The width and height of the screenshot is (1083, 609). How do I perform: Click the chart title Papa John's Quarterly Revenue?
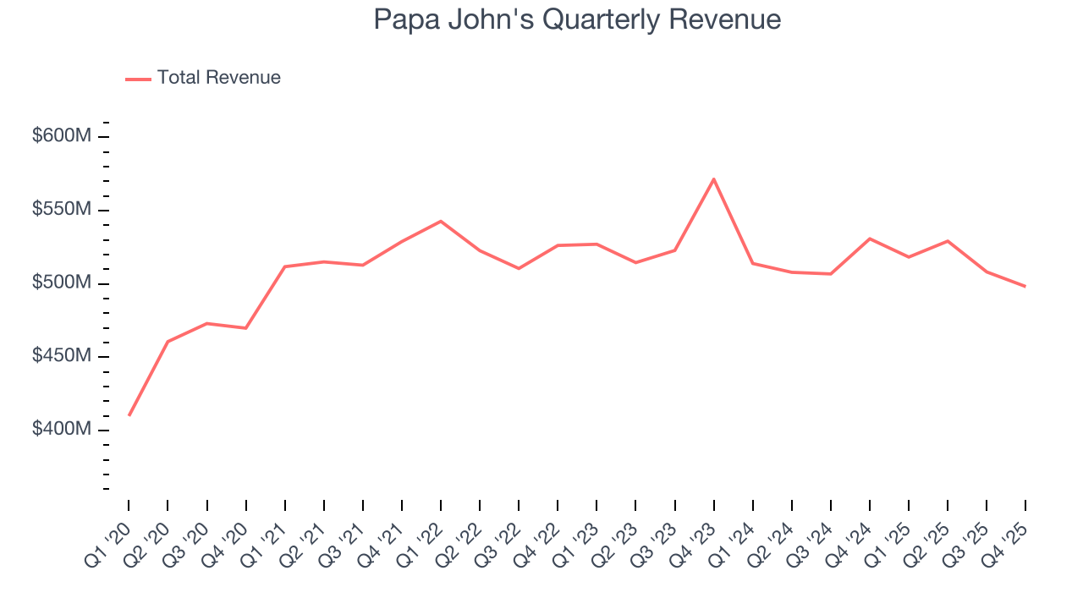click(x=577, y=19)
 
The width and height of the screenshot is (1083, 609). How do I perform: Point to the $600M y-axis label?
click(x=61, y=136)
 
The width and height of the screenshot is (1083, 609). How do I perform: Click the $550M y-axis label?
click(x=61, y=210)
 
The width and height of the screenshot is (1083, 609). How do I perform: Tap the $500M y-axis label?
click(x=61, y=283)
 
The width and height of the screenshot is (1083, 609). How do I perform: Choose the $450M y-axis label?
click(x=61, y=356)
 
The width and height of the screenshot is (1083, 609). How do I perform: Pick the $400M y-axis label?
click(x=61, y=430)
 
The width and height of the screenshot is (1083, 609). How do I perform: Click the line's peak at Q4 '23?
click(x=714, y=178)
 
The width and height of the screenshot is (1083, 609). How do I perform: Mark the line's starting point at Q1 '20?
click(x=129, y=415)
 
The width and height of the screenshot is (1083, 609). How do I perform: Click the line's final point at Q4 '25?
click(x=1025, y=287)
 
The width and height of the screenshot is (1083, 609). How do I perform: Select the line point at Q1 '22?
click(x=441, y=221)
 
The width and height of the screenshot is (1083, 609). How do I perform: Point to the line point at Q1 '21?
click(x=285, y=266)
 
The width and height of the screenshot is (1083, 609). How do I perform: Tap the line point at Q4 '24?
click(x=870, y=239)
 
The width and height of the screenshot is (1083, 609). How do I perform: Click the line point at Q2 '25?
click(x=948, y=241)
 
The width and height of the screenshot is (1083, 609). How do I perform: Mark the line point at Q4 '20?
click(x=245, y=328)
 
